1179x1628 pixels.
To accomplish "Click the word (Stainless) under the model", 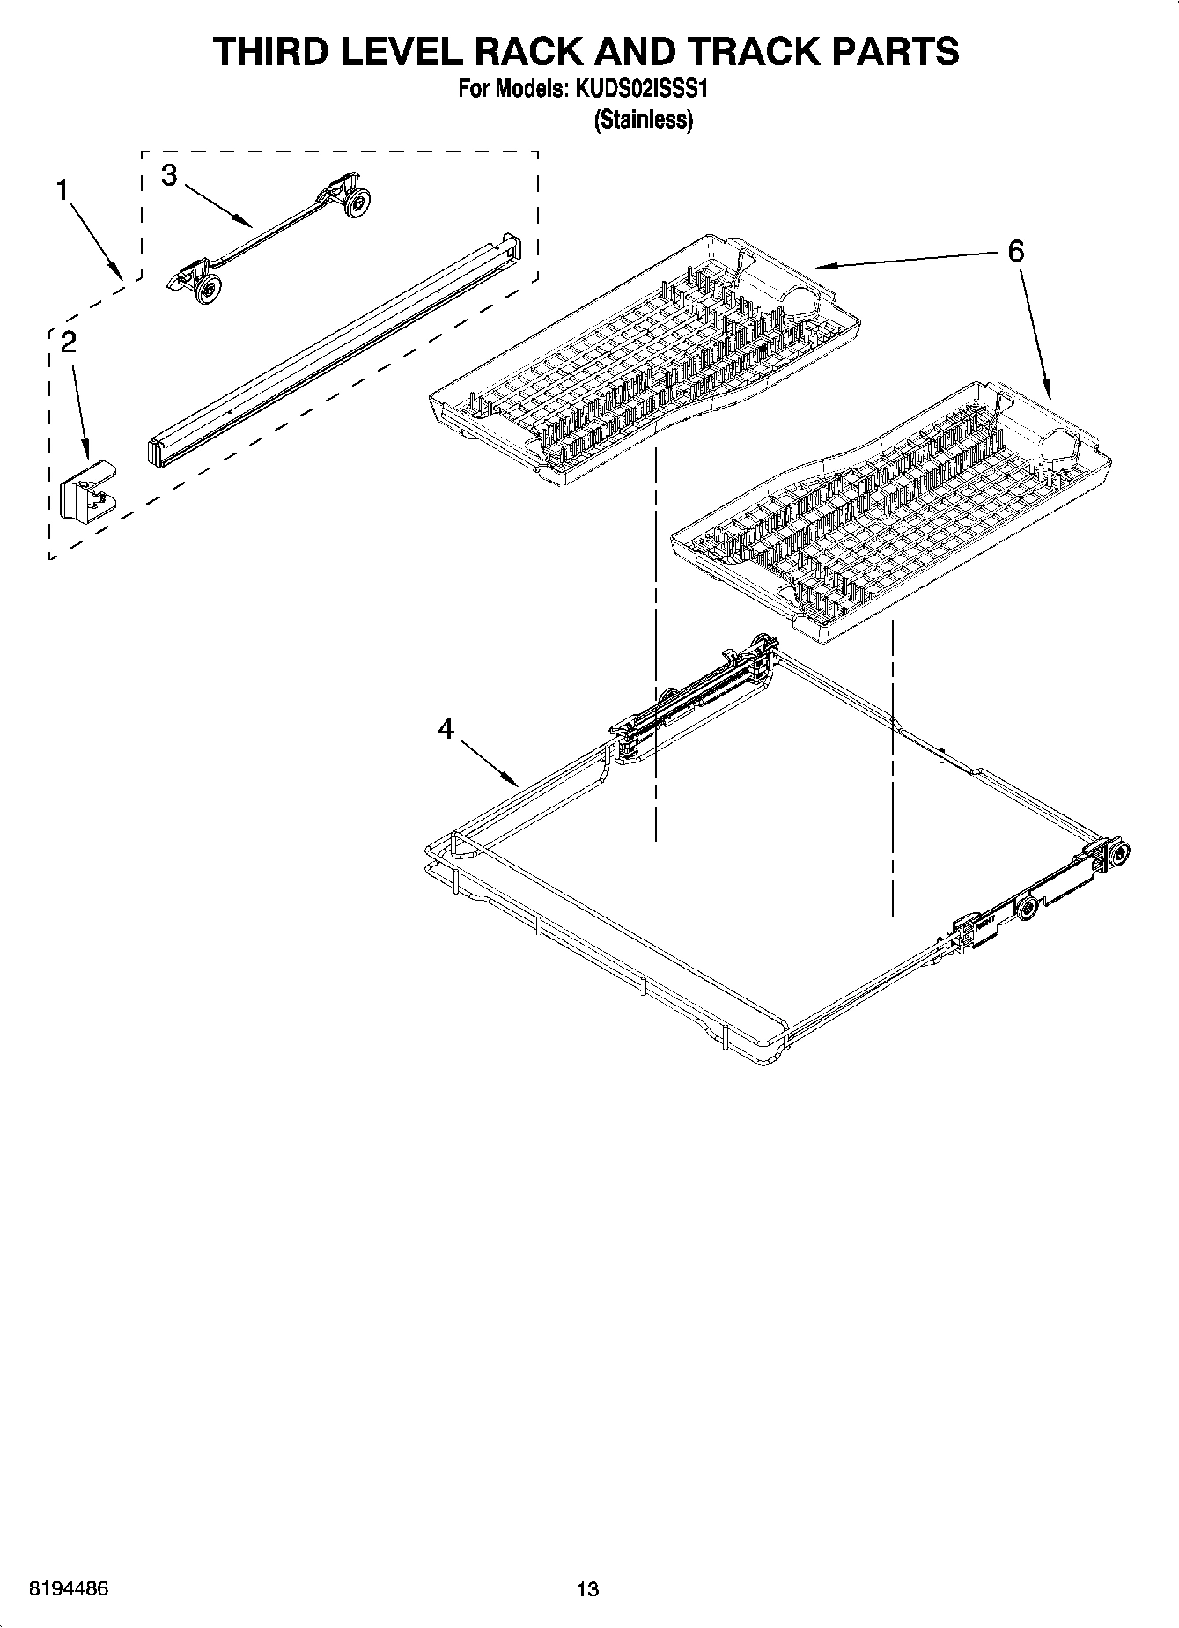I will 643,120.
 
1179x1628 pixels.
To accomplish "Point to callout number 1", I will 63,189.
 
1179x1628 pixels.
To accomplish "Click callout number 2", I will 68,342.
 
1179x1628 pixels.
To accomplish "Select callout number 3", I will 169,174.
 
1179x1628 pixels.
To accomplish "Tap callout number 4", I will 446,728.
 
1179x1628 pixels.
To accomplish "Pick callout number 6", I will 1015,251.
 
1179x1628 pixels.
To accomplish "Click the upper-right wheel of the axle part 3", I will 356,203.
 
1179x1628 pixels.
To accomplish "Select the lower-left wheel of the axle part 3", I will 208,288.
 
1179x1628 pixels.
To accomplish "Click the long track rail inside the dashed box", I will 335,348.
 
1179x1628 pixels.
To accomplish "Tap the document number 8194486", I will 69,1589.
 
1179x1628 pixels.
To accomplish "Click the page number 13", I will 587,1589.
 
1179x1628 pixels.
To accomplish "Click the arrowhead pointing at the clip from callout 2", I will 87,453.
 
